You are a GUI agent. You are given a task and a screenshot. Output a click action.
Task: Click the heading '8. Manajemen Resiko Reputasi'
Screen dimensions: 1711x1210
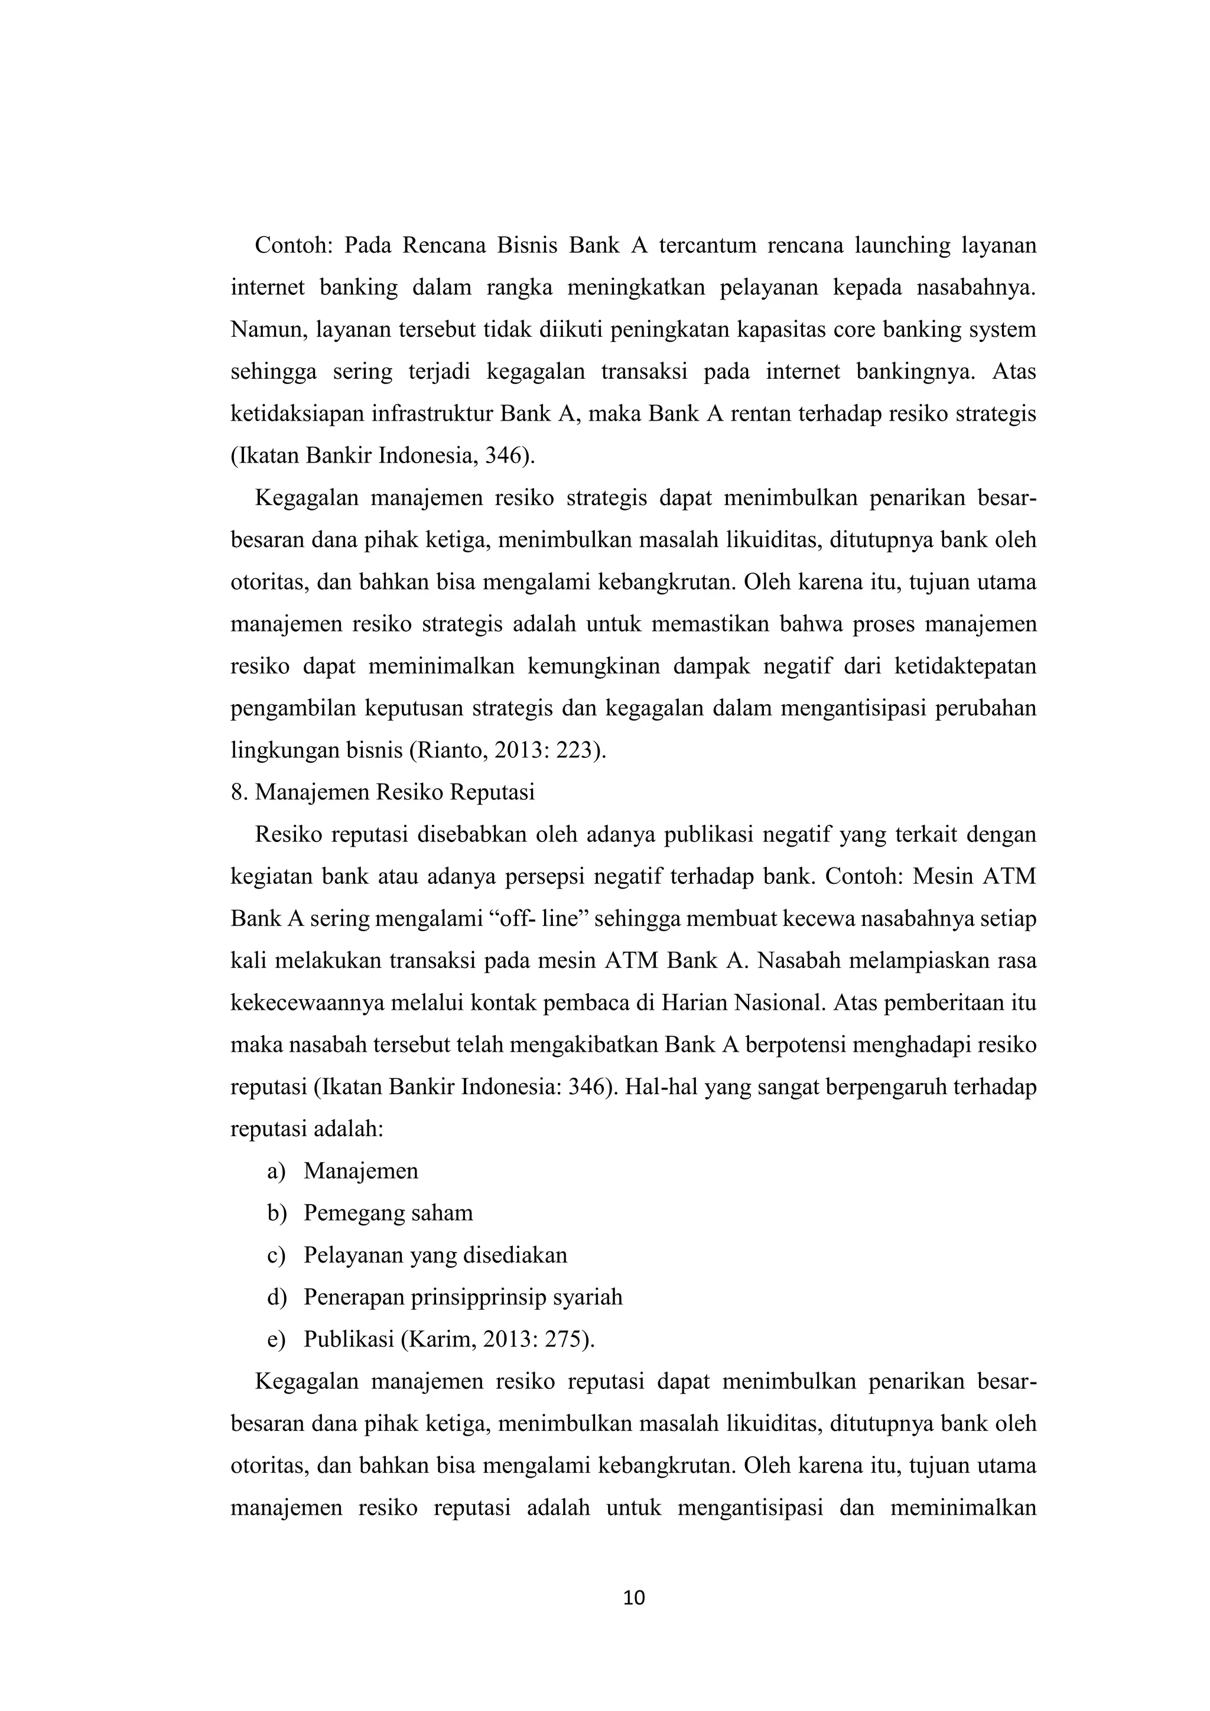(382, 792)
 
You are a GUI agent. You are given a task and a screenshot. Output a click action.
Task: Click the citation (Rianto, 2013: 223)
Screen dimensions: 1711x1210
(508, 750)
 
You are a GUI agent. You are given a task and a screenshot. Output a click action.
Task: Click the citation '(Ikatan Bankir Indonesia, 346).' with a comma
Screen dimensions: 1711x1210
(383, 456)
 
